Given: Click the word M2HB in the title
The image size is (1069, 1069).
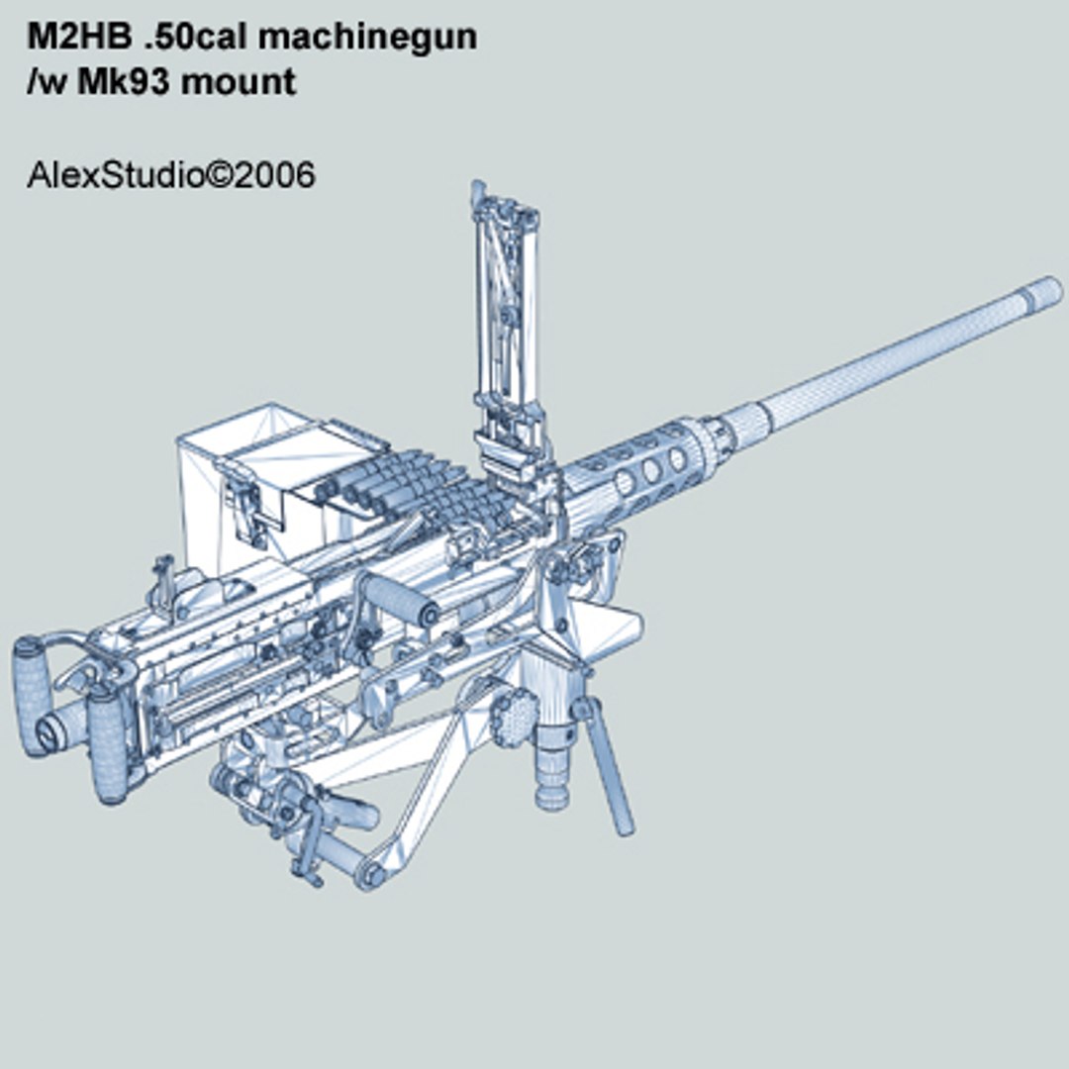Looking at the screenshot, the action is tap(80, 37).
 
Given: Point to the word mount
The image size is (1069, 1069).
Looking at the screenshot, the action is tap(239, 82).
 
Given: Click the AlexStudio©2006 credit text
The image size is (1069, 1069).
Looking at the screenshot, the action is tap(171, 175).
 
